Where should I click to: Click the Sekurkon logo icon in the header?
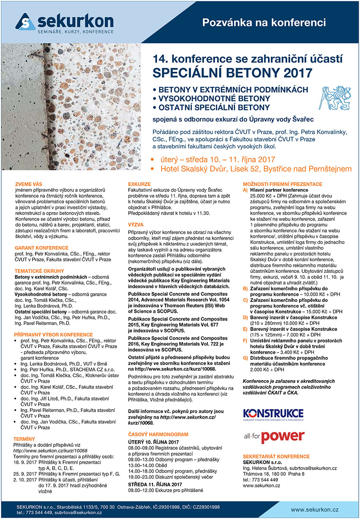click(x=25, y=22)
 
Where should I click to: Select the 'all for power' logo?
click(x=273, y=437)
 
